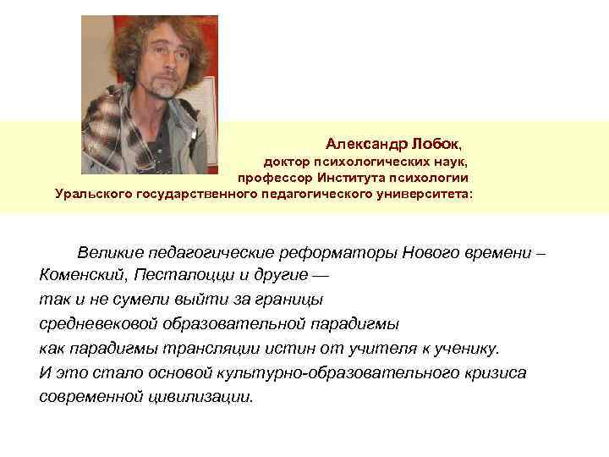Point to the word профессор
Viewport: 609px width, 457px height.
point(274,178)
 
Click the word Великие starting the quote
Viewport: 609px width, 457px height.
point(110,253)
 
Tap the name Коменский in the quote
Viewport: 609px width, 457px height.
point(80,277)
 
